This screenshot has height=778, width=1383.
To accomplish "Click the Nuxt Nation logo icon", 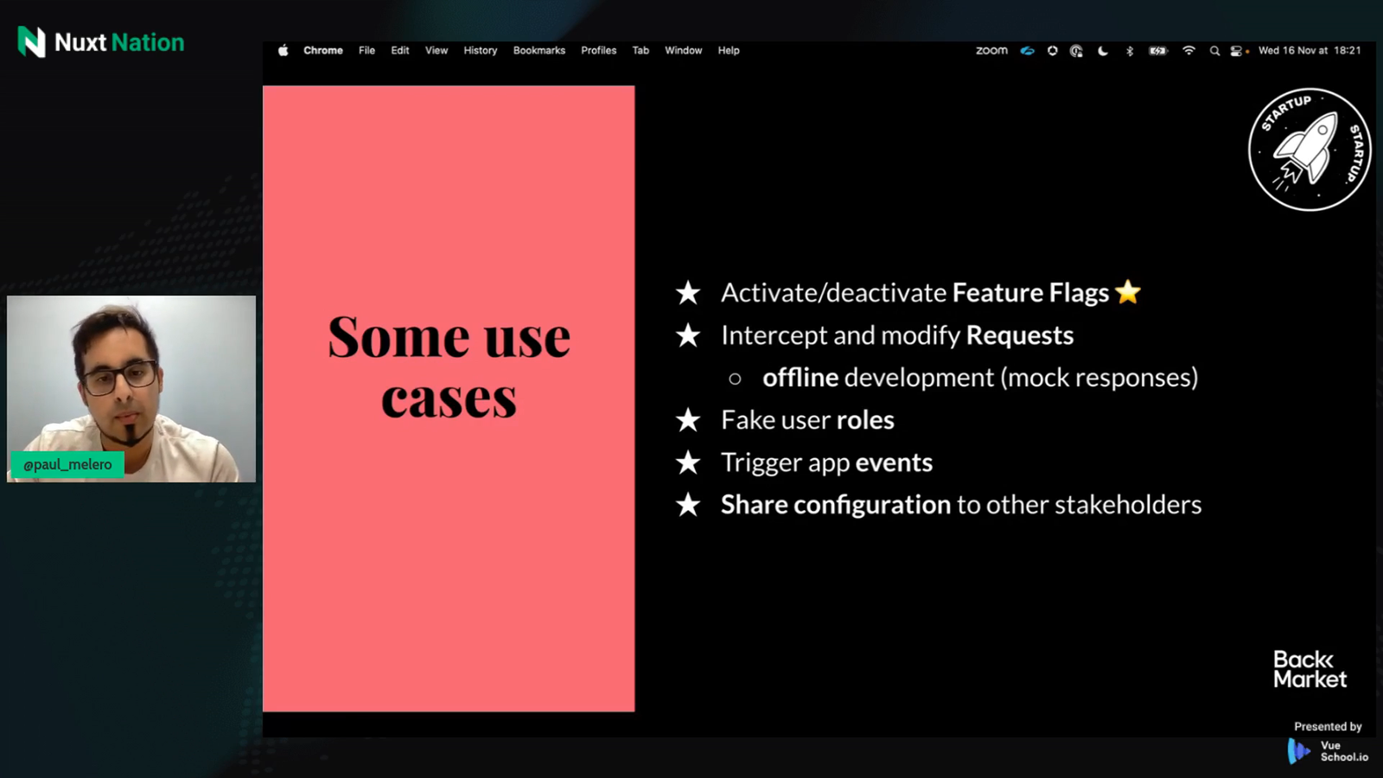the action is (31, 42).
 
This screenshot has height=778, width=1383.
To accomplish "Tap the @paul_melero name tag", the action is (67, 464).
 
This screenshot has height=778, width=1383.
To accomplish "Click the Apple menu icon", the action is (283, 51).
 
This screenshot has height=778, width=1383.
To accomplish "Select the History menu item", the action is (481, 51).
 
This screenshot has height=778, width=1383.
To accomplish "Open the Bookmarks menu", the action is (539, 51).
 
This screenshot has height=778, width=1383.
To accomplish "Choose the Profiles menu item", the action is (598, 51).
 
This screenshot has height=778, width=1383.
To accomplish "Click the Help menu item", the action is (729, 51).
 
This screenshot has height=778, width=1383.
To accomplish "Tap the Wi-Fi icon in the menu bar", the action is (1189, 51).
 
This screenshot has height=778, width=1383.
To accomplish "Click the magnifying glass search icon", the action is (1214, 51).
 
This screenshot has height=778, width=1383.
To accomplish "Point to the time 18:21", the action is (1348, 51).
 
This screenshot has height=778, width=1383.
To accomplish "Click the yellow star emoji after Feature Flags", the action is (1128, 292).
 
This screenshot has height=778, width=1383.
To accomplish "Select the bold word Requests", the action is (1019, 335).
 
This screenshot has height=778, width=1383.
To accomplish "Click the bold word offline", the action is (800, 377).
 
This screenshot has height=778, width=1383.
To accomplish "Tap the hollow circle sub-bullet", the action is (735, 379).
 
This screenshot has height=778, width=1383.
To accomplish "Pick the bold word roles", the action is (865, 420).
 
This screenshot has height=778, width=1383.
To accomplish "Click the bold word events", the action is (894, 462).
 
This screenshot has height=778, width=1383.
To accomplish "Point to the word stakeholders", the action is (1128, 505).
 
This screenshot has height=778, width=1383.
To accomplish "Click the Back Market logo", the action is (1310, 669).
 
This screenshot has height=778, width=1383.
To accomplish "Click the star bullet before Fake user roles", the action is (688, 420).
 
